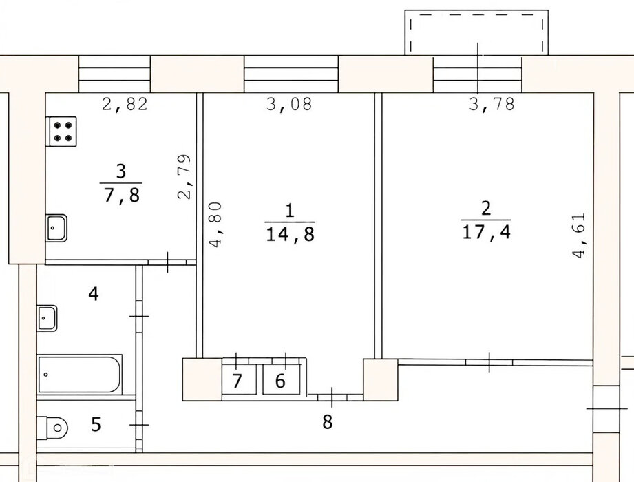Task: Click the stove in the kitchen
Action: (x=63, y=132)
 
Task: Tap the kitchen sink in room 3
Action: (x=56, y=228)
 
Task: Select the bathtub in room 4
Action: (x=80, y=374)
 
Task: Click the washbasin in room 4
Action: (x=47, y=318)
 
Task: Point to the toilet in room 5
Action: (x=52, y=428)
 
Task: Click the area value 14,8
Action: (x=290, y=234)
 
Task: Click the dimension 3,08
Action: (x=290, y=104)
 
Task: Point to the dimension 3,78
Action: (x=492, y=104)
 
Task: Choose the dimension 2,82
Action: (x=125, y=104)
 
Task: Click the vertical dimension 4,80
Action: (x=215, y=224)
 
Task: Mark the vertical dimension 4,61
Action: (x=579, y=235)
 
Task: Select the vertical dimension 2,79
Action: (x=184, y=176)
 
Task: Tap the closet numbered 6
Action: (x=282, y=379)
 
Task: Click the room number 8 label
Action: (x=328, y=421)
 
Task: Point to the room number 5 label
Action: (x=96, y=425)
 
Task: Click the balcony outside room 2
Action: (x=477, y=32)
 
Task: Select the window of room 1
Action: (x=291, y=74)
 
